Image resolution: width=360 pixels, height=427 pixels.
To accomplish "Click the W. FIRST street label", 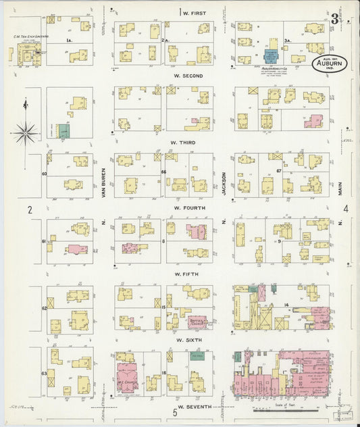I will coord(194,13).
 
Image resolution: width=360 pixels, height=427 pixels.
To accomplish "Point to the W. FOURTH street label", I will coord(185,208).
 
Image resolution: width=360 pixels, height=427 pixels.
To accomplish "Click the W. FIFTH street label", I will coord(185,274).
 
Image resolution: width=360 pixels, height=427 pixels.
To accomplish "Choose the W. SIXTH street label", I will coord(185,341).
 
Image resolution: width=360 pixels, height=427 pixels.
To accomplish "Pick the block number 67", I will coord(279,172).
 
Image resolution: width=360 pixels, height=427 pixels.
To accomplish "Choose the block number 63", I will coord(45,372).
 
